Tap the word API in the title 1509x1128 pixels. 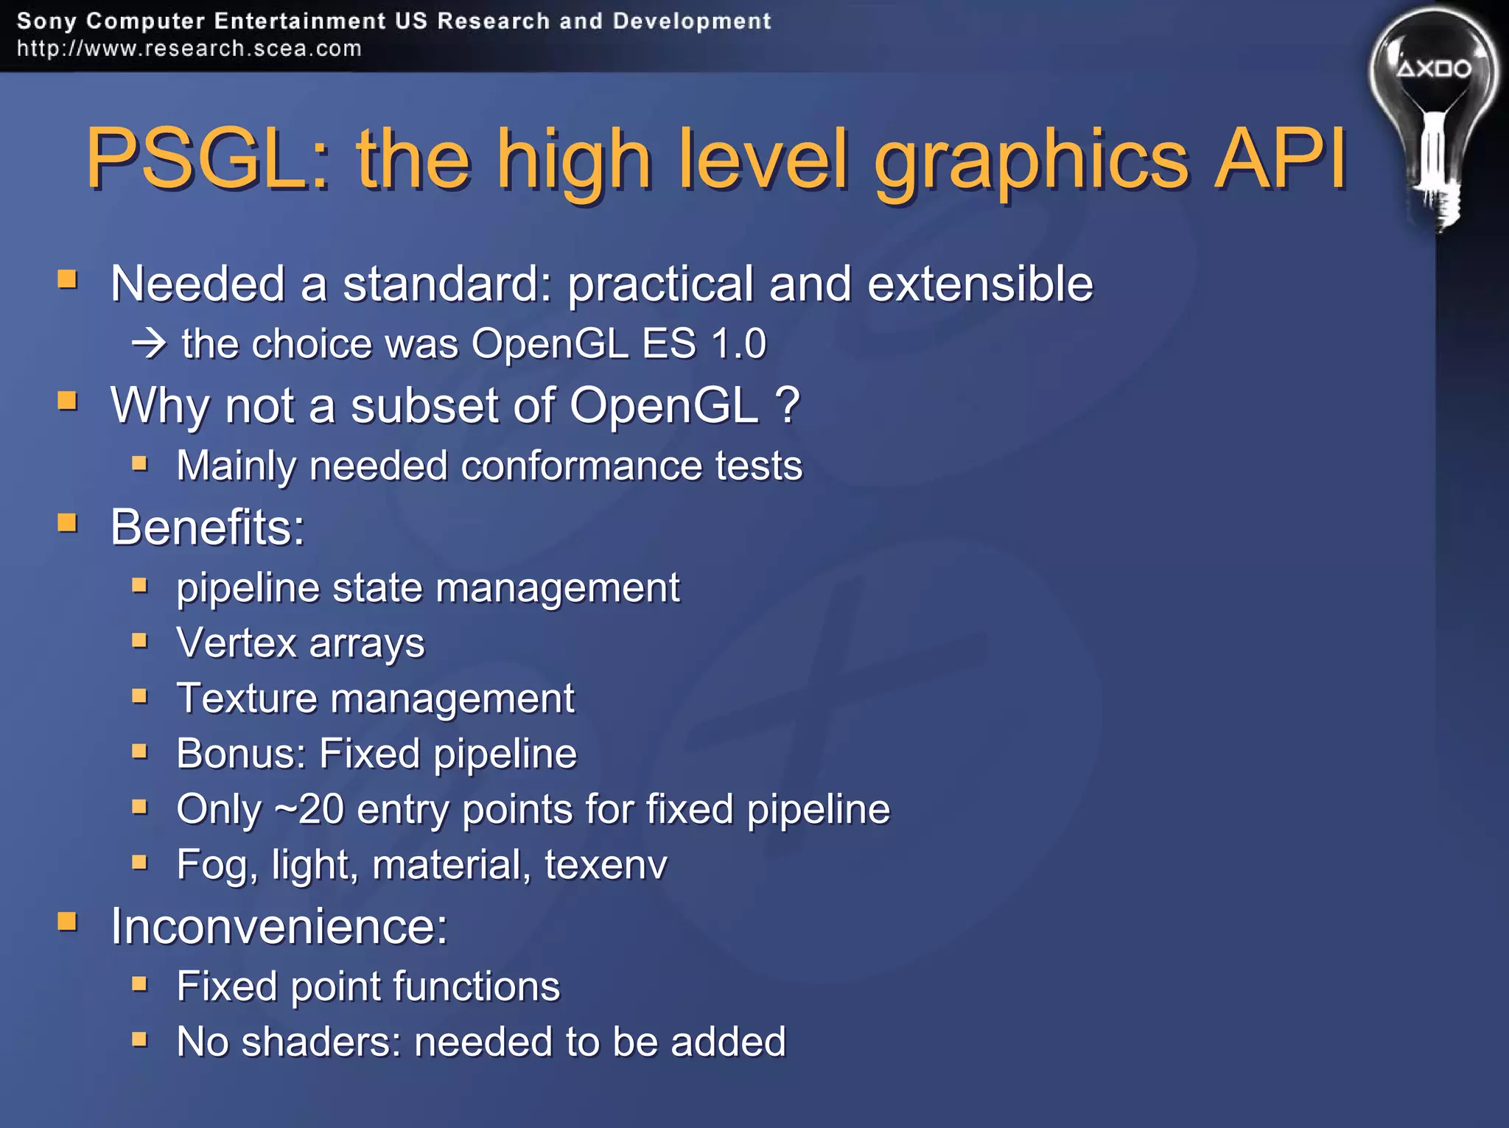(1281, 158)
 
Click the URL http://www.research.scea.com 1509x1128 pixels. (189, 49)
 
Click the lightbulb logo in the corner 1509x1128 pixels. (1433, 111)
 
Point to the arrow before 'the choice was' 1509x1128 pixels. (149, 344)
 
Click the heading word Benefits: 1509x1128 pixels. (207, 528)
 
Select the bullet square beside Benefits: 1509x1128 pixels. (68, 523)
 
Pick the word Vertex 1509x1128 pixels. (236, 642)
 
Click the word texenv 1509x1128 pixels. (606, 864)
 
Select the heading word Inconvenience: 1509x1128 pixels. (279, 926)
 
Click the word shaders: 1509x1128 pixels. (321, 1042)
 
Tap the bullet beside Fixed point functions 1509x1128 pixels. (140, 984)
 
